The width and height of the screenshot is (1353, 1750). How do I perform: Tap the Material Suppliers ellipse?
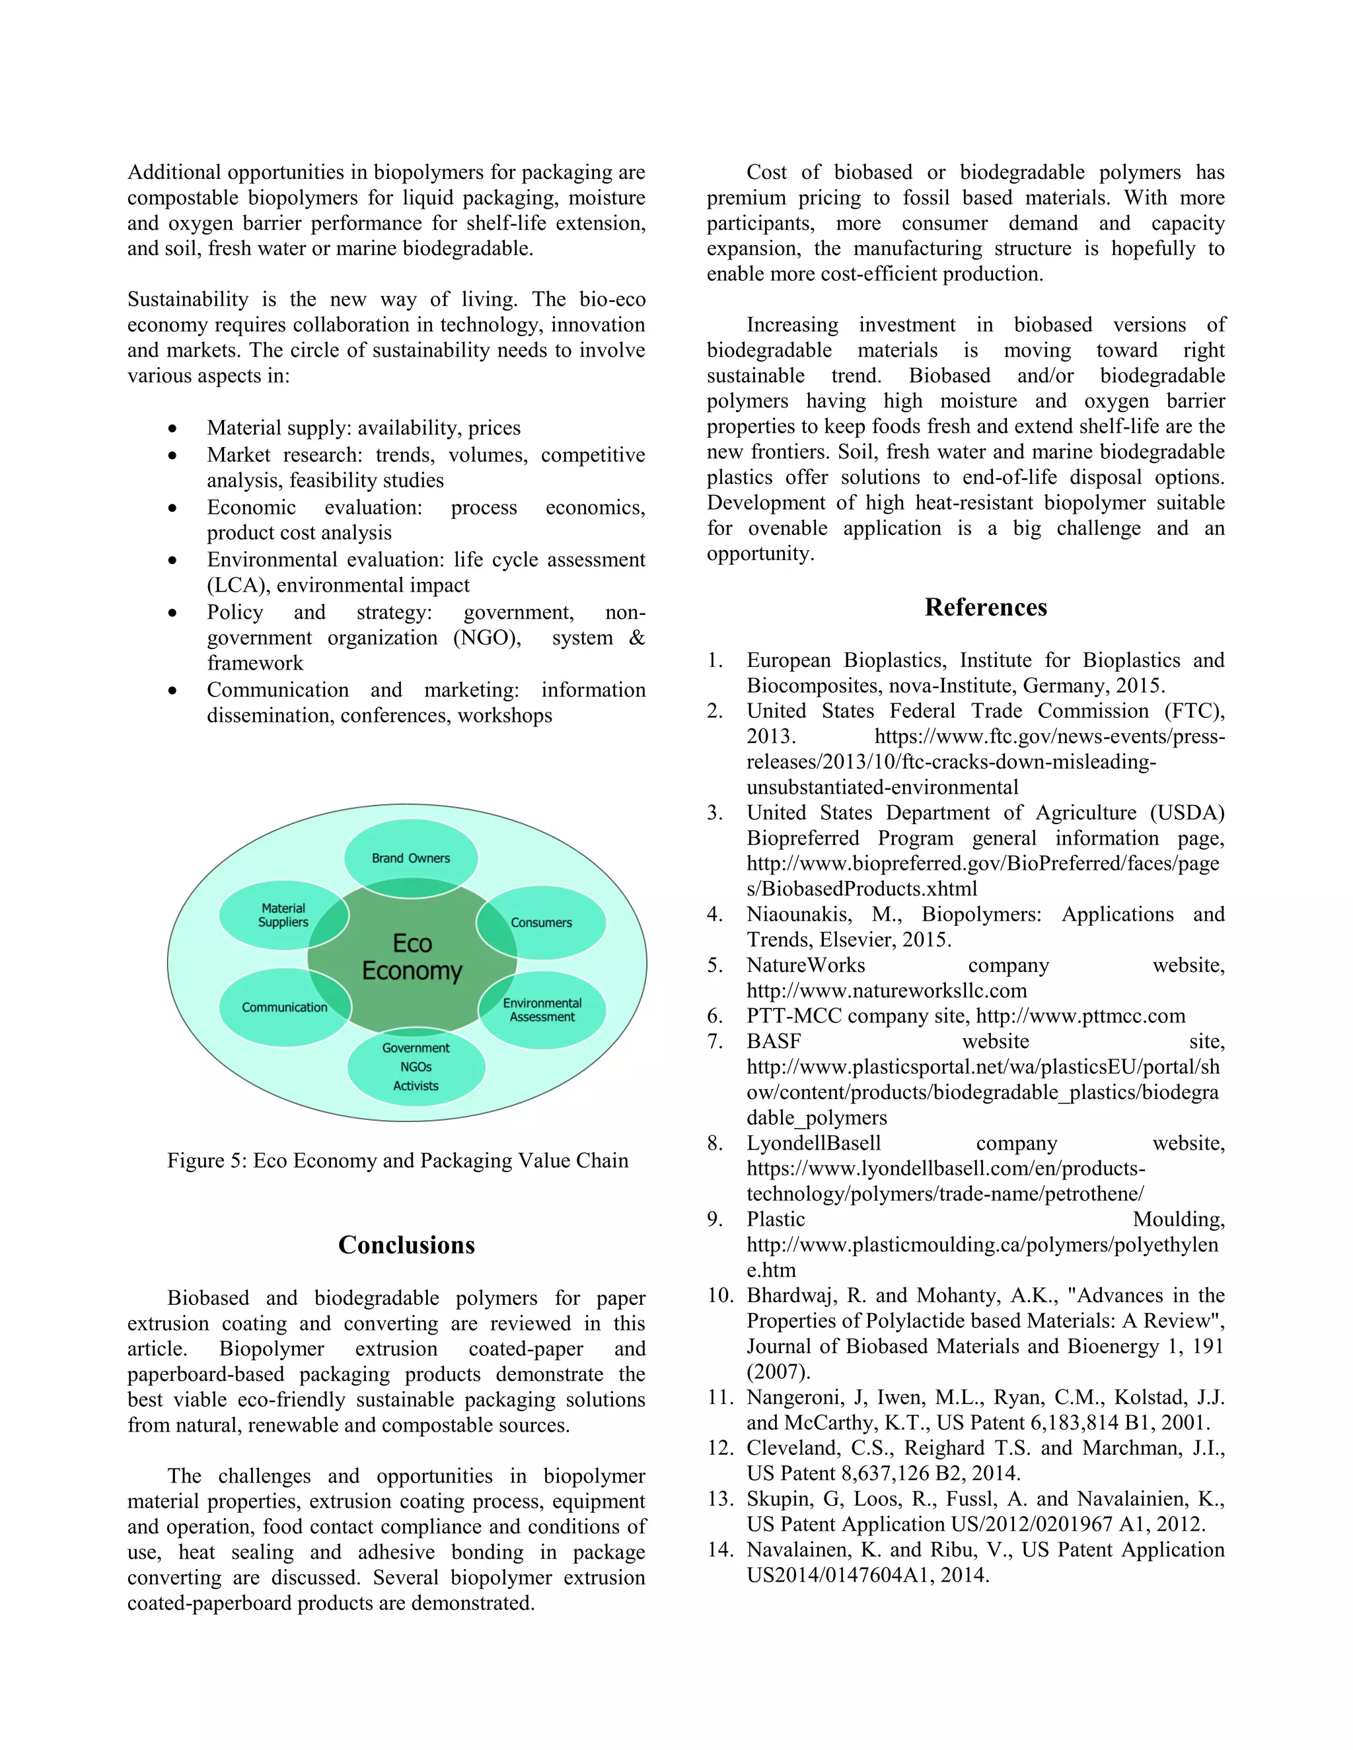283,915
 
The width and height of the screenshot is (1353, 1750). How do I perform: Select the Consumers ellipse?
541,923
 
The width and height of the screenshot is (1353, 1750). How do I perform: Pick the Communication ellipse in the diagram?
285,1007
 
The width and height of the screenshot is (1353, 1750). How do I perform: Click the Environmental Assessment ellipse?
542,1010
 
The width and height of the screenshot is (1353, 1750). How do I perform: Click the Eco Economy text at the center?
412,957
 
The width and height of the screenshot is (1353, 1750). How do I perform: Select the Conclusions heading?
406,1244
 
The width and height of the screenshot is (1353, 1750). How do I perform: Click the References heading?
985,608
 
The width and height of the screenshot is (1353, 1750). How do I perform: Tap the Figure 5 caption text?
398,1160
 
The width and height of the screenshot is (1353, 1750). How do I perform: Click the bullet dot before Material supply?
172,429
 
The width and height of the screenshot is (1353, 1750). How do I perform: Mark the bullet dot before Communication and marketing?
172,691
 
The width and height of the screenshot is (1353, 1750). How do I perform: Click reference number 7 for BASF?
714,1041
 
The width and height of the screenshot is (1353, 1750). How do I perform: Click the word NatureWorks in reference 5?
805,965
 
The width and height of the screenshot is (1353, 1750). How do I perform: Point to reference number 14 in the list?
720,1550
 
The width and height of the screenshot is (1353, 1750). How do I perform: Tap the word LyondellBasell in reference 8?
813,1143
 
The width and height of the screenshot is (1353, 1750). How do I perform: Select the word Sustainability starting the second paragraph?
188,300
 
